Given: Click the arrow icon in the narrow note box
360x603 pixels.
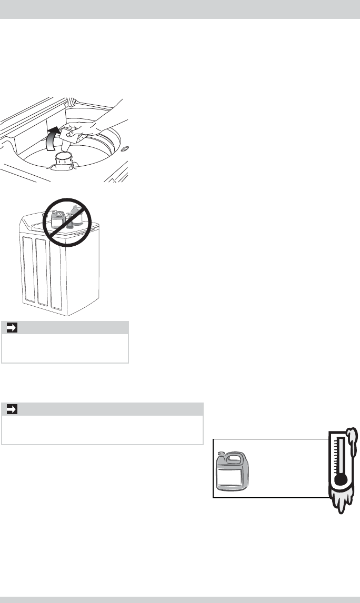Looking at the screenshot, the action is click(9, 328).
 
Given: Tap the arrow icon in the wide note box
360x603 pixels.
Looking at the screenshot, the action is click(9, 409).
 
